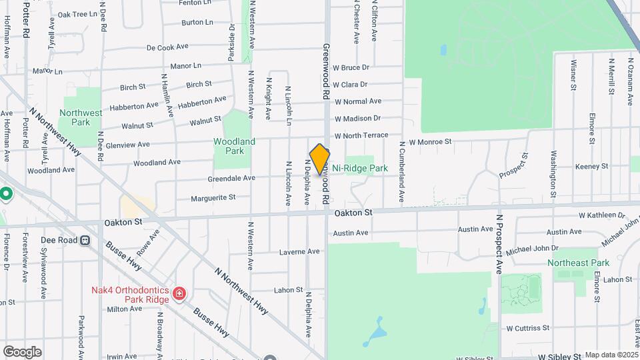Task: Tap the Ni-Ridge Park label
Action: pos(360,169)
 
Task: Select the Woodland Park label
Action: pos(234,146)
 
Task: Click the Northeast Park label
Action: pos(578,263)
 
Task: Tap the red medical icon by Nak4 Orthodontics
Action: pos(179,294)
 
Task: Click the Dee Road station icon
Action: pos(86,240)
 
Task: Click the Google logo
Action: pos(22,351)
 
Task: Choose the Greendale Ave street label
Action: pos(231,179)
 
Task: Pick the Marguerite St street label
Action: pos(213,197)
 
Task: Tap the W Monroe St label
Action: pos(430,142)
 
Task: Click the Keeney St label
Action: pos(587,167)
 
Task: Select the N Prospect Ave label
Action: pos(499,244)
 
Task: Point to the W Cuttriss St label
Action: pos(527,328)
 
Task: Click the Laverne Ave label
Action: pos(299,252)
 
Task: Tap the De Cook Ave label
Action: pos(167,47)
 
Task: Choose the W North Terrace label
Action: pos(361,136)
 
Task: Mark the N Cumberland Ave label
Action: pos(402,172)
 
